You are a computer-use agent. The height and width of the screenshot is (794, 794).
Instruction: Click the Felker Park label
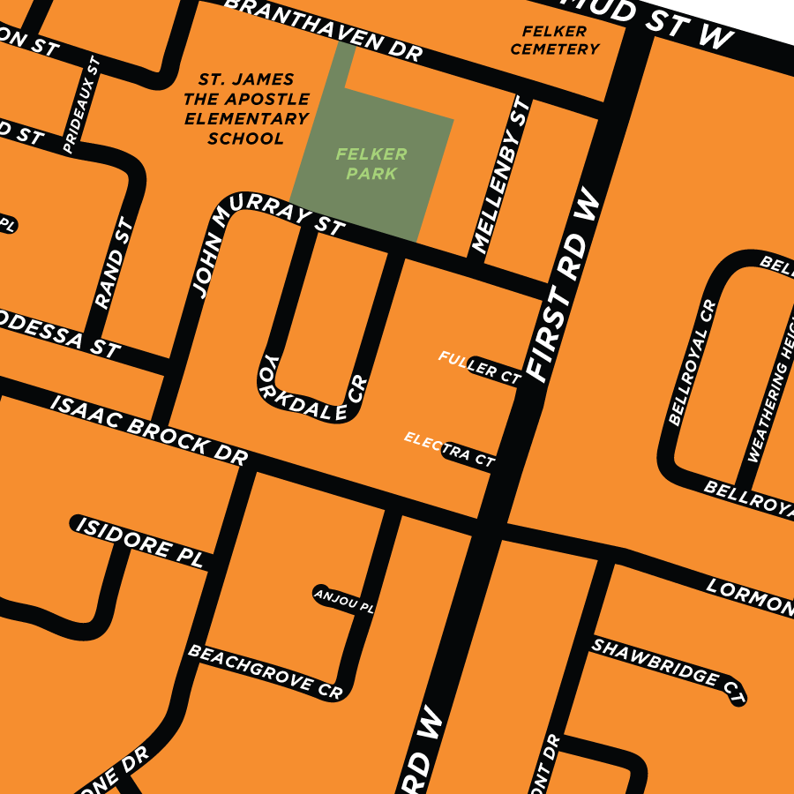pos(371,164)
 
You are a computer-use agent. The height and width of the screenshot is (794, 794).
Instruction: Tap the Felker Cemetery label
pos(555,40)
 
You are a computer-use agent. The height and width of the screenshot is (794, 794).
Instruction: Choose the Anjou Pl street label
pos(345,601)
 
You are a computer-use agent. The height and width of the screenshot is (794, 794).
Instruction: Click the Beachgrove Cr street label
pos(265,671)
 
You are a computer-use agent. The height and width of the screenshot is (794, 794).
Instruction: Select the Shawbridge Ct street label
pos(668,666)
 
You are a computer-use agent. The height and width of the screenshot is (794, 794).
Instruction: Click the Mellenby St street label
pos(500,176)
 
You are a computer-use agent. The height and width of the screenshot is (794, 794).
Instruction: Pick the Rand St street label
pos(115,264)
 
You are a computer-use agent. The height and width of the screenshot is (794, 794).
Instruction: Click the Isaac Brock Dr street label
pos(150,427)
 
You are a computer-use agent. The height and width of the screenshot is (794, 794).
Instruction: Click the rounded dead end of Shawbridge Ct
pos(738,697)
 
